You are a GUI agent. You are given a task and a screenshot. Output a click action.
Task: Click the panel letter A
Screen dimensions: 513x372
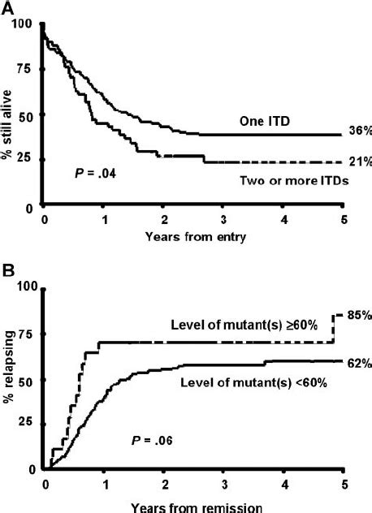click(x=9, y=7)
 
